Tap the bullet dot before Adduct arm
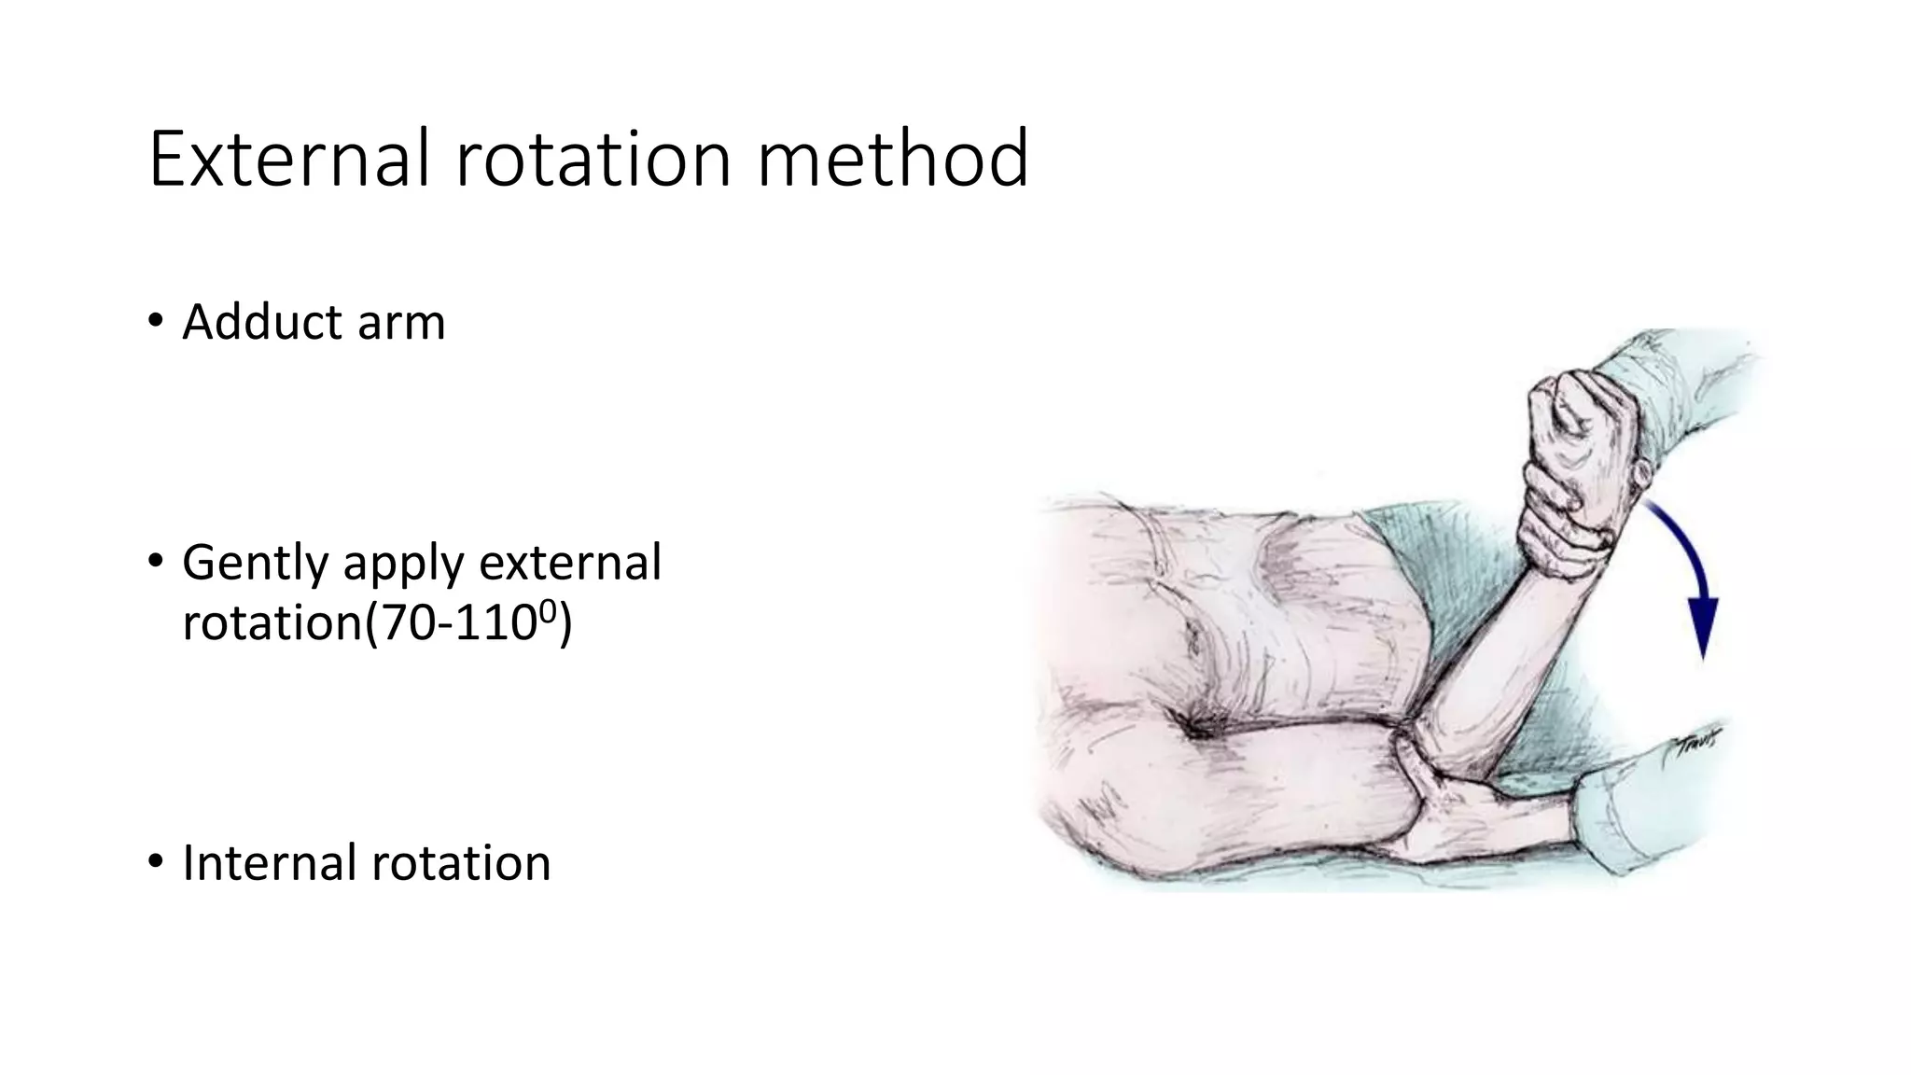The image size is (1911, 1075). click(155, 324)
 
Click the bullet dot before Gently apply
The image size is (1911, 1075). click(155, 563)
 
